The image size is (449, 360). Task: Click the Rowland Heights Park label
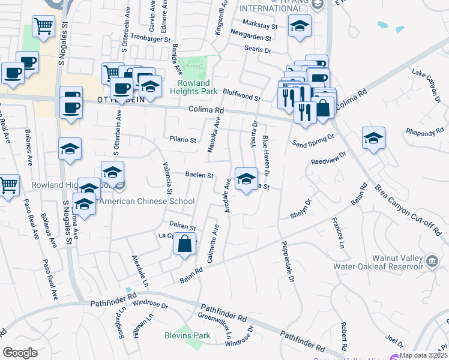194,88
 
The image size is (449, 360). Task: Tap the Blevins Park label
187,335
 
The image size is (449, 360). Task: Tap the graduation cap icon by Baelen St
246,179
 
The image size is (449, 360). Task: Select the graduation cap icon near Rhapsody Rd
373,138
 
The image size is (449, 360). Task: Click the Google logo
20,353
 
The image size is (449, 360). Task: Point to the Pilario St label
182,140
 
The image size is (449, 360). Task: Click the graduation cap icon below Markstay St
299,26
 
